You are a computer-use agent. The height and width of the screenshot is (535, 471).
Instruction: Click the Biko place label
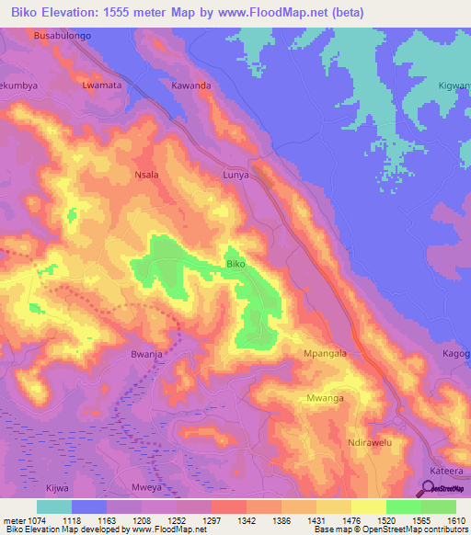click(235, 264)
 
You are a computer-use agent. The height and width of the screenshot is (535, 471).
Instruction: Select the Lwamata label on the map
click(101, 85)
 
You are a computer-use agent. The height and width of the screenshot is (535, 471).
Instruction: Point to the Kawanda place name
click(191, 85)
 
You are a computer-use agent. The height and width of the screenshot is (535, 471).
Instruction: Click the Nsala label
click(146, 174)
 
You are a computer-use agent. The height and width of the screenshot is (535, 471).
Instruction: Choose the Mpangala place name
click(325, 353)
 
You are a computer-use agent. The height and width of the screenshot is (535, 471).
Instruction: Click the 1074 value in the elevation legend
click(35, 519)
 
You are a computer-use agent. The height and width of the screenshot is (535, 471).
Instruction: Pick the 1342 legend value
click(247, 519)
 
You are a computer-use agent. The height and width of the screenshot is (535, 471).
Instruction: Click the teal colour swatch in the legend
click(54, 507)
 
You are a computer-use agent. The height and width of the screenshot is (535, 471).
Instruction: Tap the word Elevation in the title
click(68, 13)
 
